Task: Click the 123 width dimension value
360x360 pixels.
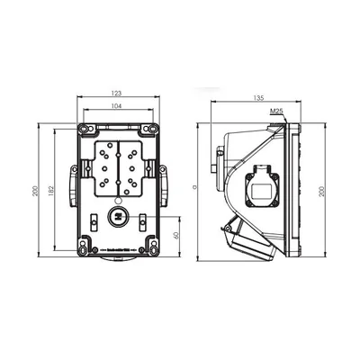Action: (x=118, y=93)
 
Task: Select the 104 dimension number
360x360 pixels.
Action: (x=118, y=105)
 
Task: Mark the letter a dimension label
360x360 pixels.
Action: (x=195, y=188)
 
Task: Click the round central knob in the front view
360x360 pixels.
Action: (x=118, y=217)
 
